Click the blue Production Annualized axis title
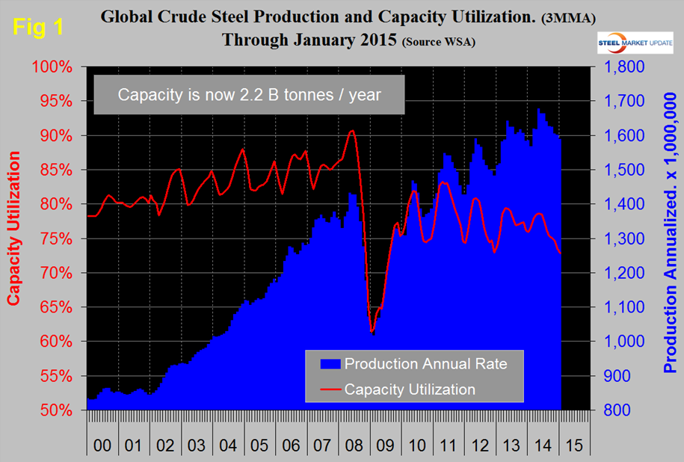(671, 238)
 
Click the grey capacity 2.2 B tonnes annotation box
(250, 96)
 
